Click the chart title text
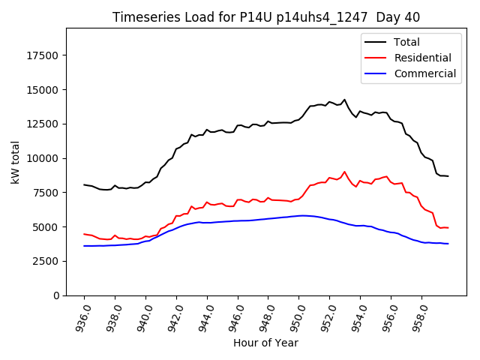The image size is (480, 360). [266, 17]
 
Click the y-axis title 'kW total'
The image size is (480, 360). [16, 162]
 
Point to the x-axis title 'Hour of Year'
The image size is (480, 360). [265, 343]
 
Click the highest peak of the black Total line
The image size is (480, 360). [345, 100]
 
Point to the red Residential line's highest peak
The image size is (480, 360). [345, 172]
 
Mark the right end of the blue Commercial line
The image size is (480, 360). [448, 244]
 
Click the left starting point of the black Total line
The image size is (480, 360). [84, 184]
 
